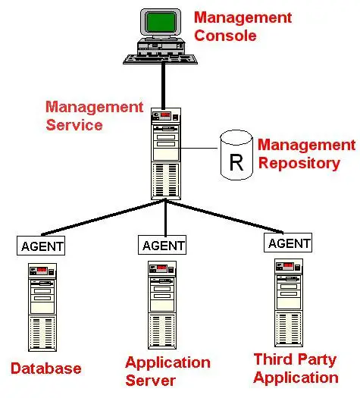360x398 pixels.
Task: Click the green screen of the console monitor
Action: point(161,22)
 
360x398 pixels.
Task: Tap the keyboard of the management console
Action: point(161,59)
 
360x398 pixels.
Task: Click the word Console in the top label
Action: point(225,36)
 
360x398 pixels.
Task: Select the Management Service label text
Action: point(95,116)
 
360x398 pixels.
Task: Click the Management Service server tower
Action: point(166,154)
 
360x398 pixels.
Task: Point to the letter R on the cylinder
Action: point(236,163)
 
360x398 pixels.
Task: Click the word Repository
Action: point(299,164)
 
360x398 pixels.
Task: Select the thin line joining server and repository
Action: point(199,148)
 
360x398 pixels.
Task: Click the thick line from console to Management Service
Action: point(164,86)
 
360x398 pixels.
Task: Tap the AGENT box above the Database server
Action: point(41,246)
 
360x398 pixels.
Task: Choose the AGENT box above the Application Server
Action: point(162,245)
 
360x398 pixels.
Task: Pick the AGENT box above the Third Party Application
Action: point(288,243)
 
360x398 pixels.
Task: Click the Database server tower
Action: point(42,307)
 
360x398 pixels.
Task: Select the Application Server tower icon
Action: point(162,306)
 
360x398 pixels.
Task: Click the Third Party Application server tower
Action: point(289,302)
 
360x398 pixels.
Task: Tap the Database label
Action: point(46,368)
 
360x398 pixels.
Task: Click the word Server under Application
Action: point(151,381)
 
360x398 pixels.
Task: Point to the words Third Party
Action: point(295,360)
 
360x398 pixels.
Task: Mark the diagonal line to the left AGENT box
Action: point(103,218)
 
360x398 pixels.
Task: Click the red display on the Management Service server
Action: point(165,114)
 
